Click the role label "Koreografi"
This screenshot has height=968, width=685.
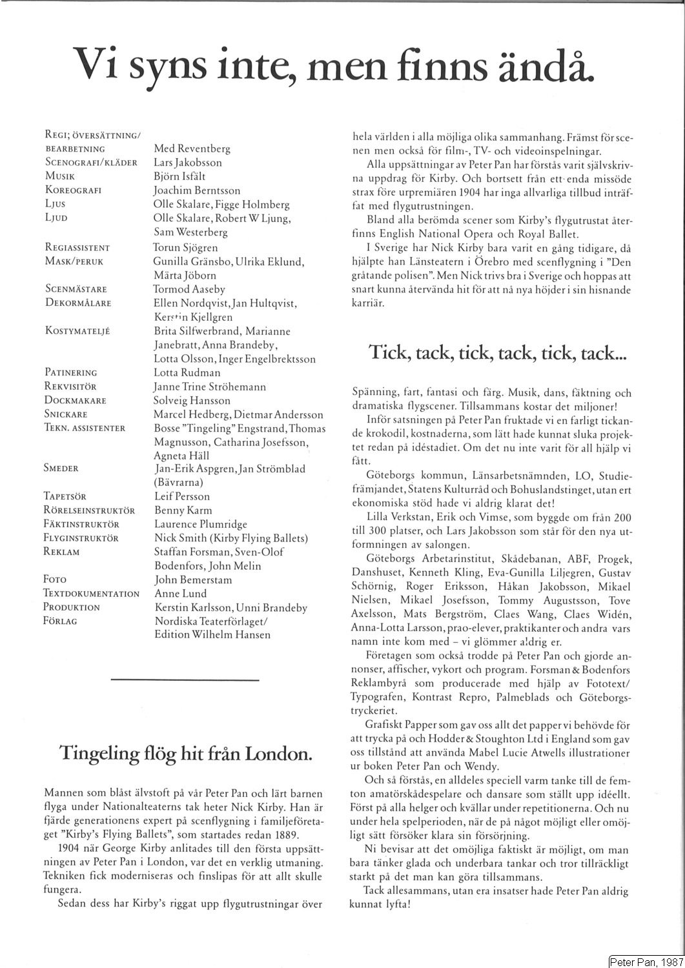point(74,190)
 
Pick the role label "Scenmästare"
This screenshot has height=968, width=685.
point(76,289)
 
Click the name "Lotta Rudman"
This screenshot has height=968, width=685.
point(187,372)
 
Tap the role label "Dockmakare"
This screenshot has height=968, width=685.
point(75,400)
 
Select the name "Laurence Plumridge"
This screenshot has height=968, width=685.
point(201,524)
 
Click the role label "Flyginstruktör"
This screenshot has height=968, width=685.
point(81,538)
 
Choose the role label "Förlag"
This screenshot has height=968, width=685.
point(60,621)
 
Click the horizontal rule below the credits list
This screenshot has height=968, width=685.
point(185,680)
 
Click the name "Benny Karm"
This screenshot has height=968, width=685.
point(183,510)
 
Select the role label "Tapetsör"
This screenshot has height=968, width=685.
point(65,496)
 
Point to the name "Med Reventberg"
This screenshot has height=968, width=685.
point(192,148)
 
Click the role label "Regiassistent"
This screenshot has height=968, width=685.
point(77,247)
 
